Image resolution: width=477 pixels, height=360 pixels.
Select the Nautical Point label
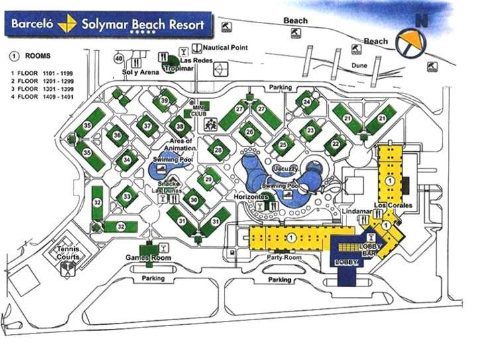pos(225,48)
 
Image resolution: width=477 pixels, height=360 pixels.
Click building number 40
pos(119,59)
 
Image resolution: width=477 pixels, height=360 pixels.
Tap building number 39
pos(164,100)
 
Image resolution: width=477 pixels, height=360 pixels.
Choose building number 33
pos(127,197)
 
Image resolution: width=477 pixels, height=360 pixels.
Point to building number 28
pos(218,150)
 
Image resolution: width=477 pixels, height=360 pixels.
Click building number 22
pos(336,144)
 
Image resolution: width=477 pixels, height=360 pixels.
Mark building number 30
pos(193,200)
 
